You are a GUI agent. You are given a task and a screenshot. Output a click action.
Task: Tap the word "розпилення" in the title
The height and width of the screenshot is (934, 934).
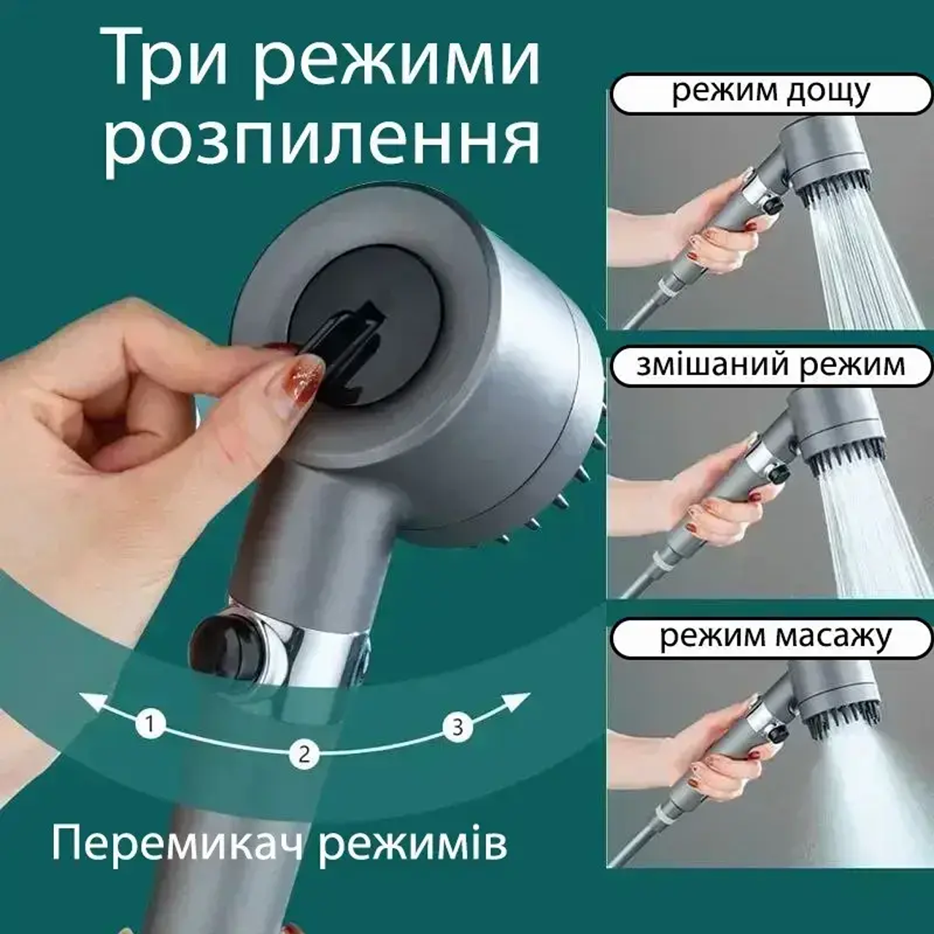[321, 139]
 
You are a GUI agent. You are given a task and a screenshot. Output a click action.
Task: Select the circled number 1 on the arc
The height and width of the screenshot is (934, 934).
[150, 725]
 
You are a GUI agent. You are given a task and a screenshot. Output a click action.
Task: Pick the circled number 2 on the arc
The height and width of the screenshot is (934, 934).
[304, 754]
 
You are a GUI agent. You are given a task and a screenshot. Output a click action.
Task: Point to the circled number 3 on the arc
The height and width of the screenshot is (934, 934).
[458, 726]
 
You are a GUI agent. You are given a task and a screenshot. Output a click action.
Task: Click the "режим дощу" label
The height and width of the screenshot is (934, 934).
[771, 93]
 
